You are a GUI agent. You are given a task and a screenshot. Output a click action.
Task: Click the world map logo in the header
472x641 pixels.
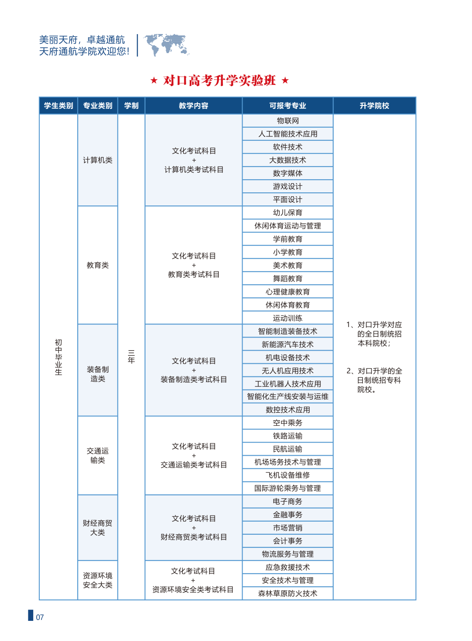[167, 45]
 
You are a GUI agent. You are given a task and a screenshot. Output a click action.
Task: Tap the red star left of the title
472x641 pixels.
[154, 80]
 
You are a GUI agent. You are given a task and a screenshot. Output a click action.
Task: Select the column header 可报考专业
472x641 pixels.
[288, 106]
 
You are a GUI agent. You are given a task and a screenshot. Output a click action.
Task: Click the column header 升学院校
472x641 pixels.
[374, 106]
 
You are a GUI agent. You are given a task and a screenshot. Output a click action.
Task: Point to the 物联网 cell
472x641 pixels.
[288, 121]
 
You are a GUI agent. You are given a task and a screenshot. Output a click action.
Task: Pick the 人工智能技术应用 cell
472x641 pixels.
[288, 134]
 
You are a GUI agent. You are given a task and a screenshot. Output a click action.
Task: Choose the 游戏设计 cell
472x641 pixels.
[288, 186]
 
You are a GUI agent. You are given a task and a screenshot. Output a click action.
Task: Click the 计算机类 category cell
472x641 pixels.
[97, 160]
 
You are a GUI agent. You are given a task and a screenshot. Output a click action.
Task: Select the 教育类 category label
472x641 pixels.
[97, 265]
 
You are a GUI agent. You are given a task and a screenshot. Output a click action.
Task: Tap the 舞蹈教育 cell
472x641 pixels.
[288, 279]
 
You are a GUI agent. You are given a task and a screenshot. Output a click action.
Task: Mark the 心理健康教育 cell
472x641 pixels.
[288, 292]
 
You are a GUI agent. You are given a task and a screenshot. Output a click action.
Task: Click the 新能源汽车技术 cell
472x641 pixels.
[288, 345]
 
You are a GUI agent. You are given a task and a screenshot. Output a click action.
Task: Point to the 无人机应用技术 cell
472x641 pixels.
[288, 371]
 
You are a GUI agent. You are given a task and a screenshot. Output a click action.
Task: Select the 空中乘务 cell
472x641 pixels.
[288, 423]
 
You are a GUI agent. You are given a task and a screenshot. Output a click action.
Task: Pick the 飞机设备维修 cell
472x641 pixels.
[288, 475]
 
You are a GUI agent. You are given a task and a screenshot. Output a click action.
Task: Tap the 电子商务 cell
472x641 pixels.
[288, 502]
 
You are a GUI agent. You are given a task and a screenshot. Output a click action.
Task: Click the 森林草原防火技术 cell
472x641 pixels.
[288, 593]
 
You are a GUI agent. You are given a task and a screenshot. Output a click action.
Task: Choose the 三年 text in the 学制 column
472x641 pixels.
[131, 357]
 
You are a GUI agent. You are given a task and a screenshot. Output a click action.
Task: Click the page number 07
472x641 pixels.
[40, 617]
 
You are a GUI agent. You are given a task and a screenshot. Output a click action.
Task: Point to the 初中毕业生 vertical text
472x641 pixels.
[59, 357]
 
